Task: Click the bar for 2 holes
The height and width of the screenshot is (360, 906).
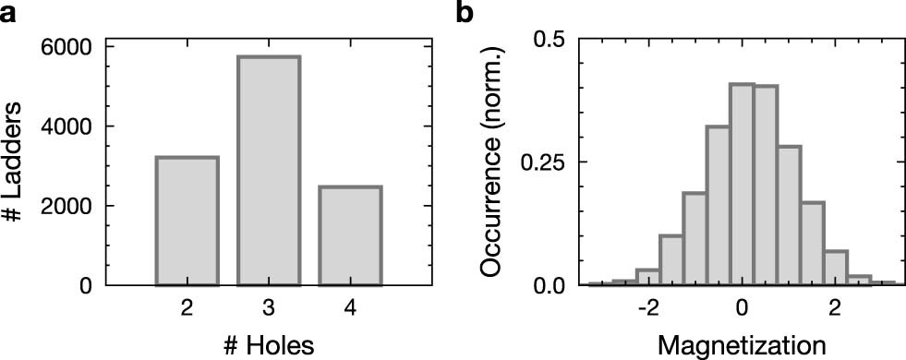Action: pyautogui.click(x=187, y=222)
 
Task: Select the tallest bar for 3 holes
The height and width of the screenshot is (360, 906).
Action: pyautogui.click(x=268, y=171)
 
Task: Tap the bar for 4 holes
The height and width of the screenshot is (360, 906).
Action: pyautogui.click(x=349, y=235)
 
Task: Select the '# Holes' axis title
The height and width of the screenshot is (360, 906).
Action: pyautogui.click(x=268, y=343)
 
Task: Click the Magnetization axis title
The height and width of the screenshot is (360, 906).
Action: pyautogui.click(x=742, y=343)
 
